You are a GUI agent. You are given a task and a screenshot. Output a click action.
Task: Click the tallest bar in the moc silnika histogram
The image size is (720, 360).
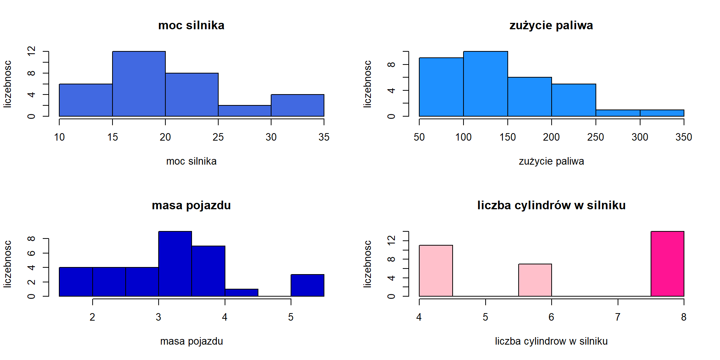139,84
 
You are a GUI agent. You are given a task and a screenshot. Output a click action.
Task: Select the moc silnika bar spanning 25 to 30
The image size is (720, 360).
244,111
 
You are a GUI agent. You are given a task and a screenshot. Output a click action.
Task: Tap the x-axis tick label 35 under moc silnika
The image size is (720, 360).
324,137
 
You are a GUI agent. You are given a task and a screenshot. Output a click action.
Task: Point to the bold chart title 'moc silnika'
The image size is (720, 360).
191,25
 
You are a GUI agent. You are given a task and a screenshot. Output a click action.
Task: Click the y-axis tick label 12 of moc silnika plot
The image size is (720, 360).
31,51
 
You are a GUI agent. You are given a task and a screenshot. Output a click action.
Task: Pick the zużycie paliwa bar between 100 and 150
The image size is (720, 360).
485,84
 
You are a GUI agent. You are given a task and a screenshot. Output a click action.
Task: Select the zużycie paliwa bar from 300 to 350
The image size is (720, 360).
662,113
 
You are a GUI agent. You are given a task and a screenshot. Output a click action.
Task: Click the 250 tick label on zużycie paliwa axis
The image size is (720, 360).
595,137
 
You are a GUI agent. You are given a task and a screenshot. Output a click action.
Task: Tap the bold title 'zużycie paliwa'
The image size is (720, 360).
551,25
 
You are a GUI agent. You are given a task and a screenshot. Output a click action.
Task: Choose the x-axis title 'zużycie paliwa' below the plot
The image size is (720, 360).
551,161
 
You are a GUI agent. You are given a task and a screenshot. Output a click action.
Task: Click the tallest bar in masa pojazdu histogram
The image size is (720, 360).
175,264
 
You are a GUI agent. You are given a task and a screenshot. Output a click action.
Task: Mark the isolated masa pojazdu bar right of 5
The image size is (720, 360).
307,285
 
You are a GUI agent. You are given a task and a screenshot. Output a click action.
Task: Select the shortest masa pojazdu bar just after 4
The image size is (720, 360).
241,292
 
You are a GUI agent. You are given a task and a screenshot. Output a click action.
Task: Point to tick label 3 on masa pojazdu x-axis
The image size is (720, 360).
159,317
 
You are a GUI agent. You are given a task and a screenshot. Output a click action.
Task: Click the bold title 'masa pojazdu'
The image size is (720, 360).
191,205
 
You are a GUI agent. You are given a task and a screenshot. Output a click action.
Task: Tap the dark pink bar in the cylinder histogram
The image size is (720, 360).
667,264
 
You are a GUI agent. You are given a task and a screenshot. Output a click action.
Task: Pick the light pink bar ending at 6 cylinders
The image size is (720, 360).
535,280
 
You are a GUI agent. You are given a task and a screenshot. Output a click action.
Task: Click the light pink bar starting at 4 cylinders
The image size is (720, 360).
436,271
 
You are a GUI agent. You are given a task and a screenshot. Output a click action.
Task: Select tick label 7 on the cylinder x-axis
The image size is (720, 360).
618,317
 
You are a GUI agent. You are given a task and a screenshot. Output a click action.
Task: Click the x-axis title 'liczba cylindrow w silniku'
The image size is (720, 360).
551,341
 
